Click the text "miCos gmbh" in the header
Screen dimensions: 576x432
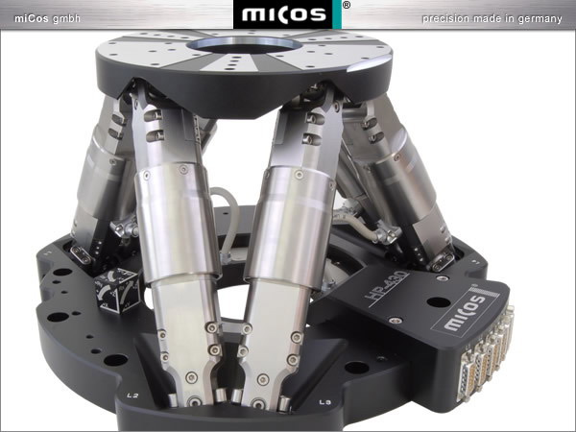[x=47, y=18]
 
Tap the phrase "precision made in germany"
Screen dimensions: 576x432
[x=492, y=18]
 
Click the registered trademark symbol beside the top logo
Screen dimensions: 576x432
[x=346, y=5]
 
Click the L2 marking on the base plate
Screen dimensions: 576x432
[x=132, y=396]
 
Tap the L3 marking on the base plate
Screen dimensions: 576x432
[x=325, y=402]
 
